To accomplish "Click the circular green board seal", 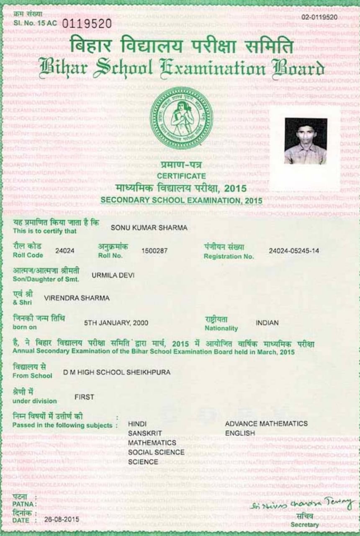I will [181, 118].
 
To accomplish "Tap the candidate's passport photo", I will [306, 141].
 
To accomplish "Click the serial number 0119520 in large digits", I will [87, 23].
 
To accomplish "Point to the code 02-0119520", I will [319, 17].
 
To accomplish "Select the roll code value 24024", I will [65, 251].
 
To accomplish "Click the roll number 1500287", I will [154, 251].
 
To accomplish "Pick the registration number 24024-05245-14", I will [294, 251].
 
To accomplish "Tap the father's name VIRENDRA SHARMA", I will [77, 298].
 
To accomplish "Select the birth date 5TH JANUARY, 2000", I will [116, 323].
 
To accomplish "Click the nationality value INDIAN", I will [267, 323].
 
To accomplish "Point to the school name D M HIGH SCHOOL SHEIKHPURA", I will [117, 372].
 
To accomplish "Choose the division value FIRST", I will [84, 397].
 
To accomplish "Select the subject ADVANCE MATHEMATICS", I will [266, 424].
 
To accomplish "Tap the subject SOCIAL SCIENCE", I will [156, 452].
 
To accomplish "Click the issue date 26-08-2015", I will [62, 519].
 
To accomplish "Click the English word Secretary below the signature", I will [304, 525].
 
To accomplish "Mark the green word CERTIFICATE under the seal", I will [181, 176].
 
